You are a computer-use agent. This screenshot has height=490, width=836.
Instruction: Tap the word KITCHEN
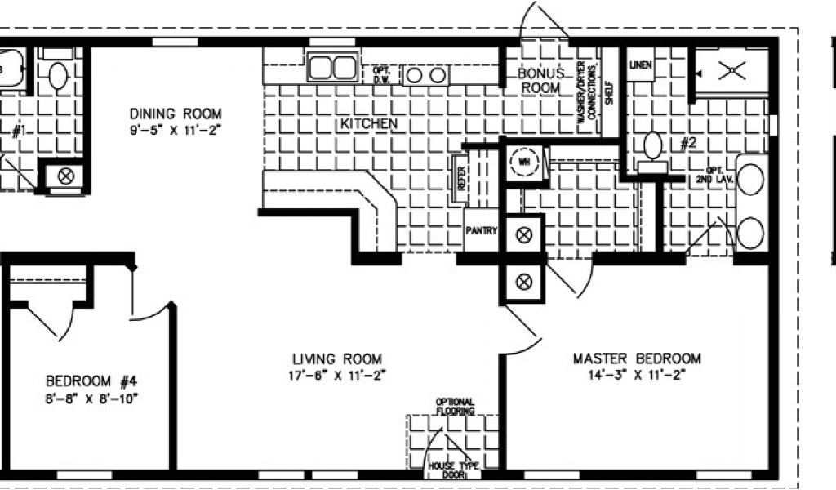pyautogui.click(x=368, y=124)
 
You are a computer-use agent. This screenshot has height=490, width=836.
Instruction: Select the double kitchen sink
pyautogui.click(x=331, y=66)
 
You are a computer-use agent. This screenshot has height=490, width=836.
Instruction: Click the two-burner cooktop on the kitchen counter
pyautogui.click(x=426, y=75)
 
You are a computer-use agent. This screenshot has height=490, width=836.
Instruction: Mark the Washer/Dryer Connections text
pyautogui.click(x=585, y=91)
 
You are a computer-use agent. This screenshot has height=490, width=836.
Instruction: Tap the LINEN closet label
pyautogui.click(x=641, y=66)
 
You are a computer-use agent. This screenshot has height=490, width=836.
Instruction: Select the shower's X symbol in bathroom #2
pyautogui.click(x=731, y=72)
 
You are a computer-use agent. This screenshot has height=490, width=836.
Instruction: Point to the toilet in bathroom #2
pyautogui.click(x=652, y=146)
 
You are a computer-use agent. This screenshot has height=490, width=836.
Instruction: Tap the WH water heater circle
pyautogui.click(x=522, y=161)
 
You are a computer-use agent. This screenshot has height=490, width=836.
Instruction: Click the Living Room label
pyautogui.click(x=337, y=359)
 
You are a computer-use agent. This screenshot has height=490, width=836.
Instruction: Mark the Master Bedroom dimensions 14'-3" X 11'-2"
pyautogui.click(x=637, y=374)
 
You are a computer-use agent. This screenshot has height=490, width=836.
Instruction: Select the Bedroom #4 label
pyautogui.click(x=91, y=381)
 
